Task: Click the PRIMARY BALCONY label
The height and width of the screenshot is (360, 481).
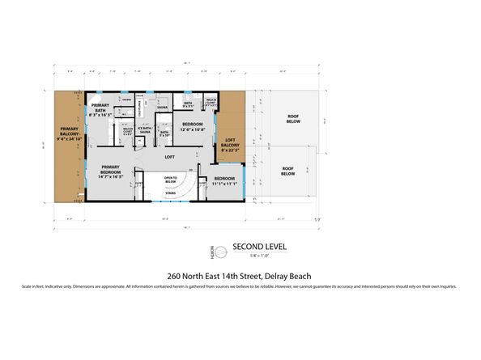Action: click(68, 133)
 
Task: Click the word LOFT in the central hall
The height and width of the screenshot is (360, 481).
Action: click(170, 156)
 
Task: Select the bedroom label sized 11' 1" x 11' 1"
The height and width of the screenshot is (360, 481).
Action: click(224, 181)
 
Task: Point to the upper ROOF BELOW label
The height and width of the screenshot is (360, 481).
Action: click(292, 118)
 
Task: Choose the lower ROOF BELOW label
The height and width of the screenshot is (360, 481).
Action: click(288, 172)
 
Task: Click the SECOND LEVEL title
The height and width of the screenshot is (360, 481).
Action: click(259, 246)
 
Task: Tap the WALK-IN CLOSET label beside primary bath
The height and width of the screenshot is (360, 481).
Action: click(127, 131)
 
